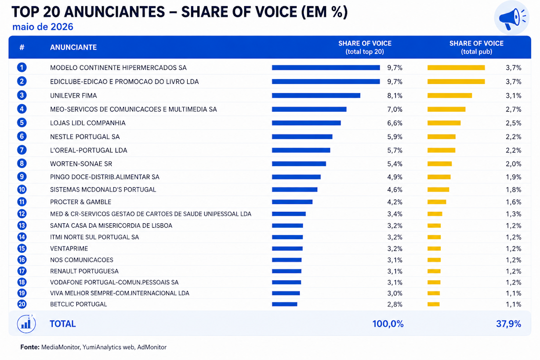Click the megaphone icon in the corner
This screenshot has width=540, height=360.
pyautogui.click(x=511, y=18)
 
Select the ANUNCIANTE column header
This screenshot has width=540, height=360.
pyautogui.click(x=73, y=47)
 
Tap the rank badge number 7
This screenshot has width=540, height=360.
pyautogui.click(x=22, y=150)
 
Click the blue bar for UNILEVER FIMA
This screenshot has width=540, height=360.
pyautogui.click(x=316, y=95)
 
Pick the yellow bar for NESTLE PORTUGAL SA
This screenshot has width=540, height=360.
pyautogui.click(x=442, y=137)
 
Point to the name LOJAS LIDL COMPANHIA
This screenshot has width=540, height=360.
pyautogui.click(x=88, y=123)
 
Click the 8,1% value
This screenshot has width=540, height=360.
pyautogui.click(x=395, y=96)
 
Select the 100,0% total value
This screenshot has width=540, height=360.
pyautogui.click(x=388, y=324)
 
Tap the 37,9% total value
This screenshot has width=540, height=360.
pyautogui.click(x=508, y=324)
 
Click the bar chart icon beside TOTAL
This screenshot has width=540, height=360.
pyautogui.click(x=26, y=324)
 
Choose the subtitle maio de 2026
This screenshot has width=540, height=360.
pyautogui.click(x=43, y=27)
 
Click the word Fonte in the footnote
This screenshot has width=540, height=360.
pyautogui.click(x=29, y=347)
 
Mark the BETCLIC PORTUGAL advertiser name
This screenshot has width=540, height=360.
pyautogui.click(x=78, y=304)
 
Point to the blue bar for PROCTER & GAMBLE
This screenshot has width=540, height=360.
pyautogui.click(x=292, y=202)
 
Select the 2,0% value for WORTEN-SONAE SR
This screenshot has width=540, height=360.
pyautogui.click(x=513, y=164)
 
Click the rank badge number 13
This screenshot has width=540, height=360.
pyautogui.click(x=22, y=225)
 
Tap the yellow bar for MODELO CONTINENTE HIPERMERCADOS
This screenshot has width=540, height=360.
pyautogui.click(x=456, y=68)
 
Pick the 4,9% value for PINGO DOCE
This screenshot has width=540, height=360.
pyautogui.click(x=395, y=177)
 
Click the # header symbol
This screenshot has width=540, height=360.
pyautogui.click(x=22, y=47)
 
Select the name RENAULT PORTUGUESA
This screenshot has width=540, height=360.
pyautogui.click(x=84, y=271)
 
